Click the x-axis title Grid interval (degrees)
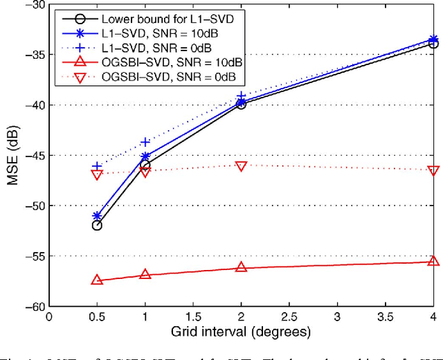pos(241,332)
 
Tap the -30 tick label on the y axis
pos(32,5)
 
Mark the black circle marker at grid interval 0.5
pos(97,225)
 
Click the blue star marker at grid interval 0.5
pos(97,216)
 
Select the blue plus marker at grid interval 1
pos(145,142)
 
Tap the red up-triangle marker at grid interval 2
pos(242,267)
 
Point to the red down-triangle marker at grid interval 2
pos(242,166)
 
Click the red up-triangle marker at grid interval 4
pos(434,261)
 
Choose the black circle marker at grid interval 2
pos(242,104)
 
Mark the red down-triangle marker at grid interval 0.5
pos(97,175)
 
